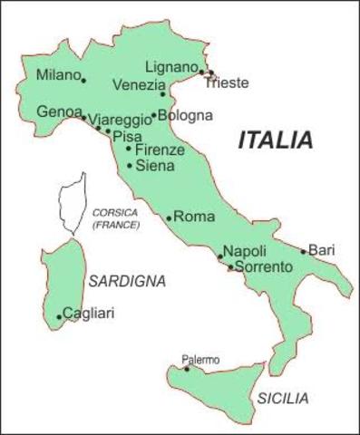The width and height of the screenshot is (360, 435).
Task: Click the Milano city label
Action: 56,75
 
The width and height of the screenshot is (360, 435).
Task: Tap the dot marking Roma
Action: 169,218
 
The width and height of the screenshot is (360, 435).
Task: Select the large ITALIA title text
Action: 275,140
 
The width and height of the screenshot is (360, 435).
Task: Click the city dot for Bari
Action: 304,251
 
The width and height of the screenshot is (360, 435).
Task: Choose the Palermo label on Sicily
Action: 200,360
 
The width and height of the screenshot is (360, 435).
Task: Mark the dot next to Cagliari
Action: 60,317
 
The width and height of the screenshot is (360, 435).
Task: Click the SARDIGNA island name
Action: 127,281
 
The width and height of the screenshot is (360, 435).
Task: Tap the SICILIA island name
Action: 283,398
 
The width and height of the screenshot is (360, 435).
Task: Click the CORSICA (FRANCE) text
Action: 115,217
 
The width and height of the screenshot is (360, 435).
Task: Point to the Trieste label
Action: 226,84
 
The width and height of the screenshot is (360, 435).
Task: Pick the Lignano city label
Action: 170,67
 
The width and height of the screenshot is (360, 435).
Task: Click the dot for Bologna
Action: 153,116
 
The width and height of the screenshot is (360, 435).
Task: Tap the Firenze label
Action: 160,150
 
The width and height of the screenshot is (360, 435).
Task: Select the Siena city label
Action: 153,166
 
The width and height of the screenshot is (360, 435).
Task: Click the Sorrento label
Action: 263,267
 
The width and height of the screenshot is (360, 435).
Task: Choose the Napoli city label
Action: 244,251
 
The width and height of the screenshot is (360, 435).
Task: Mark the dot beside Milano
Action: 84,81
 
